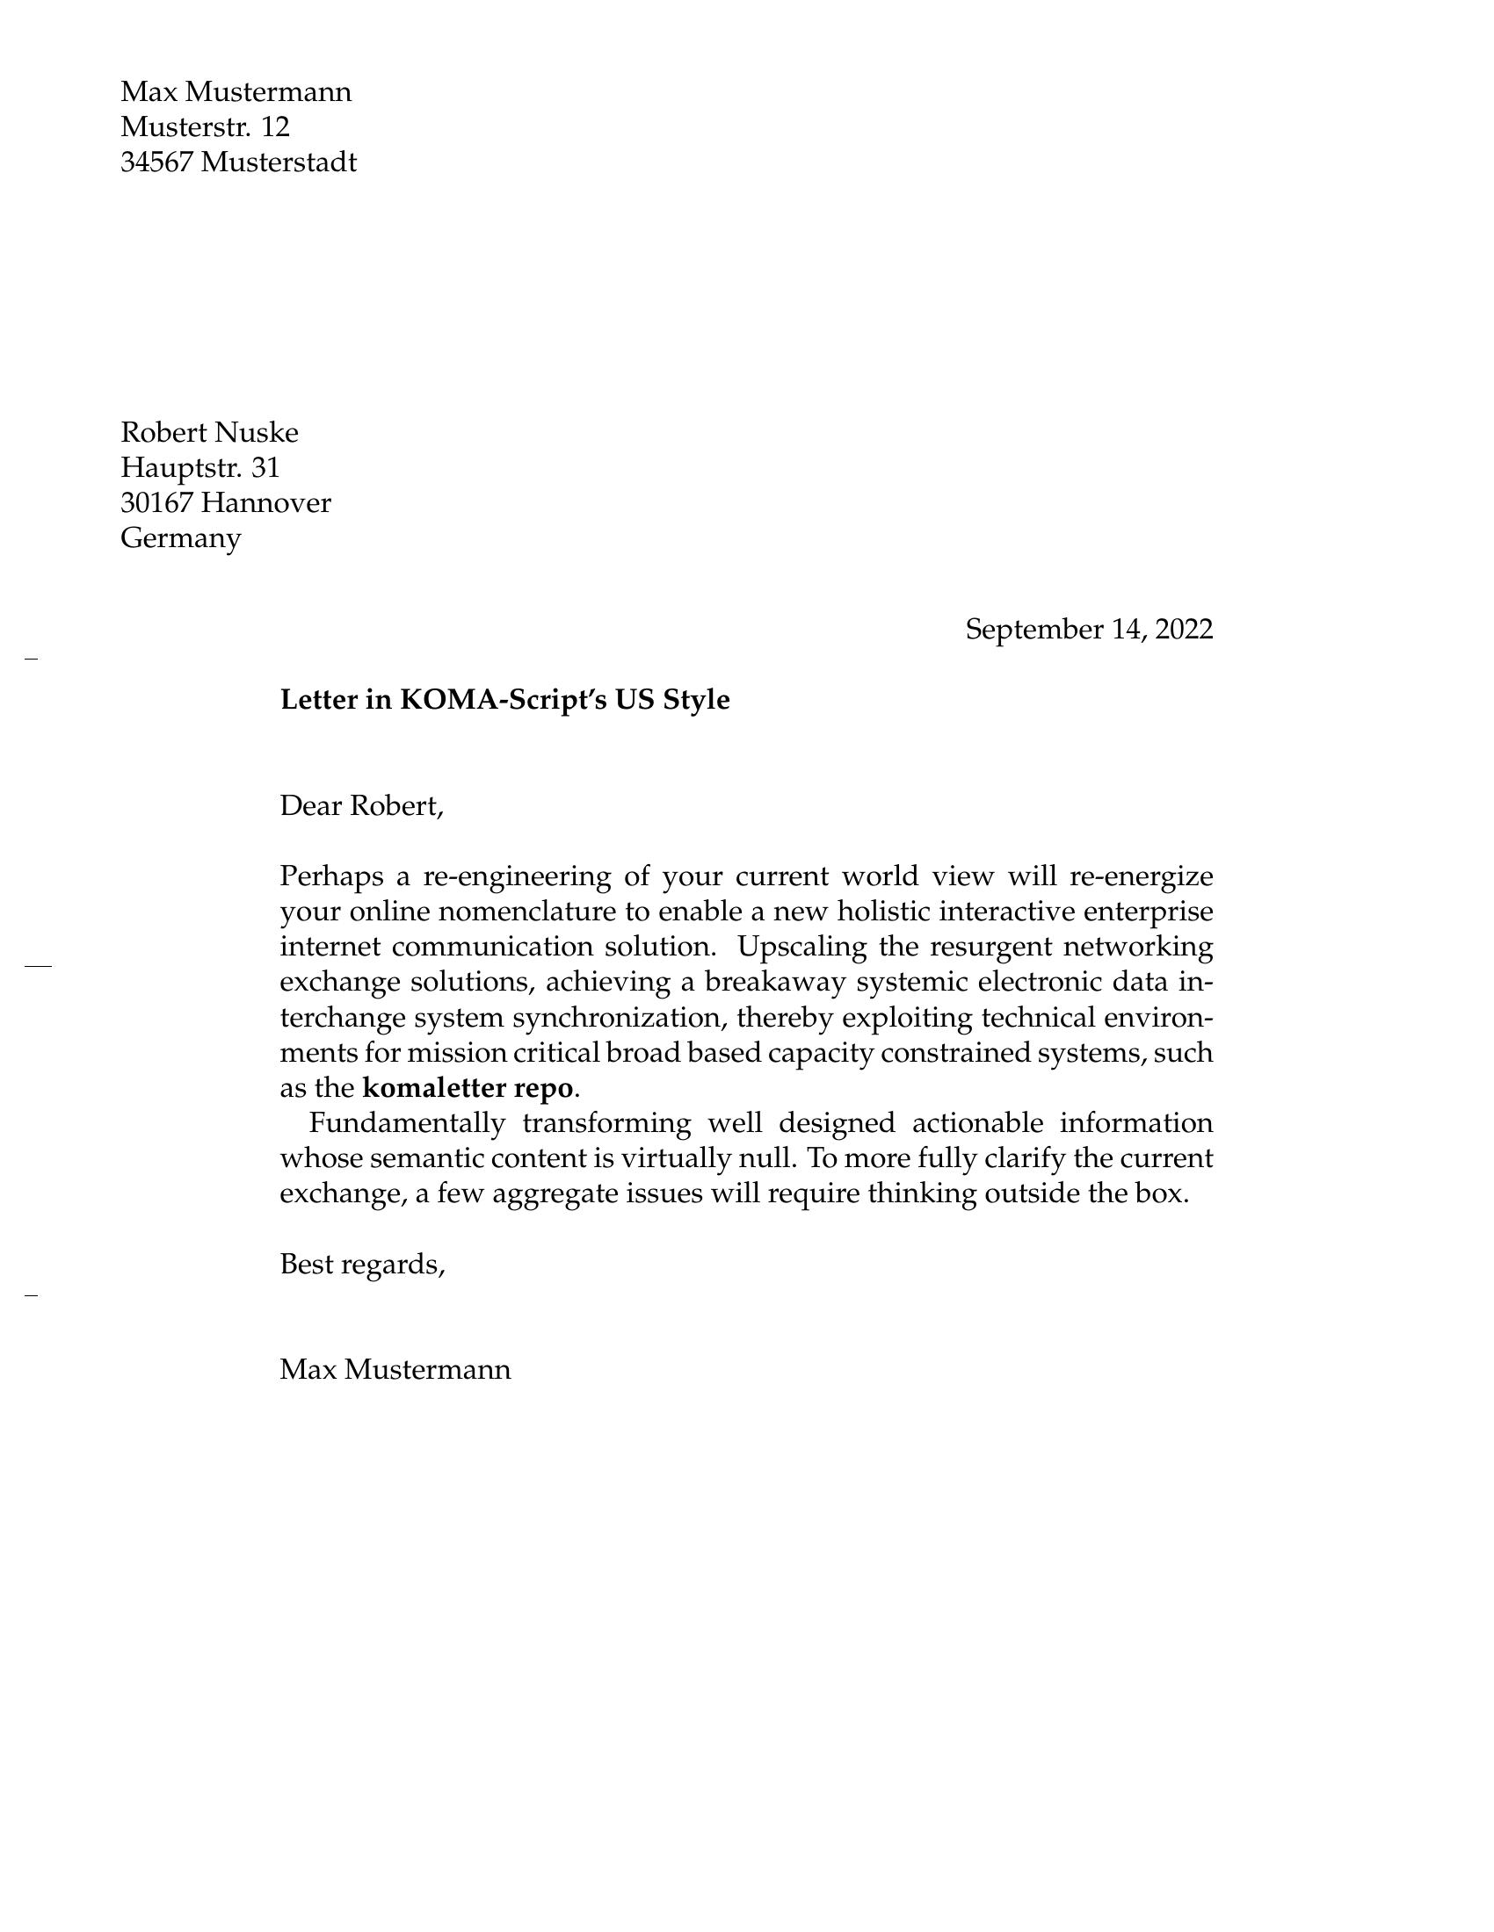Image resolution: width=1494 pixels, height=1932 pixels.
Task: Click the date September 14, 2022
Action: point(1088,630)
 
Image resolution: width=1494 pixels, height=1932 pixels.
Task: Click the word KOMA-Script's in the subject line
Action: point(501,700)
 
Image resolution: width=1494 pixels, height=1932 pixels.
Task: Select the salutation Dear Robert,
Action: point(361,806)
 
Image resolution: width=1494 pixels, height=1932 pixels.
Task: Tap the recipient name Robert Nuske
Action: point(210,433)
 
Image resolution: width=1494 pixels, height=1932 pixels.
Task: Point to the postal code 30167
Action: point(156,503)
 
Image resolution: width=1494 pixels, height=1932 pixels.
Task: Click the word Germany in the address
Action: point(180,537)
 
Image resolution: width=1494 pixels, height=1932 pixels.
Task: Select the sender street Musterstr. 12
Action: point(206,127)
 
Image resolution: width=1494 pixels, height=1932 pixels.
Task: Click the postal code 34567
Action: point(156,162)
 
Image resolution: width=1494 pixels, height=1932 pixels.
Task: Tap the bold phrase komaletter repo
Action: point(468,1088)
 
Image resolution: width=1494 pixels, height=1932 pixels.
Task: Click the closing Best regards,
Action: point(362,1264)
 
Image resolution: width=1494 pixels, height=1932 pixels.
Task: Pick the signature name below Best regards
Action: point(395,1370)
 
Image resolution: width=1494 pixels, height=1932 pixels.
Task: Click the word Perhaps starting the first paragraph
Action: point(331,876)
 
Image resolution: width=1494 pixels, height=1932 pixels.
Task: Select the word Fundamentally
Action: point(406,1123)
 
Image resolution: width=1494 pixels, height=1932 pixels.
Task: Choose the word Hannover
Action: point(265,503)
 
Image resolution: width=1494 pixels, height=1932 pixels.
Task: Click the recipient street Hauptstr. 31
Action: point(200,468)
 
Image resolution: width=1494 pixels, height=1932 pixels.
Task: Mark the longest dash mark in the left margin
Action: point(38,966)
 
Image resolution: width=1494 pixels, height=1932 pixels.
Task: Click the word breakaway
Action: point(772,983)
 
